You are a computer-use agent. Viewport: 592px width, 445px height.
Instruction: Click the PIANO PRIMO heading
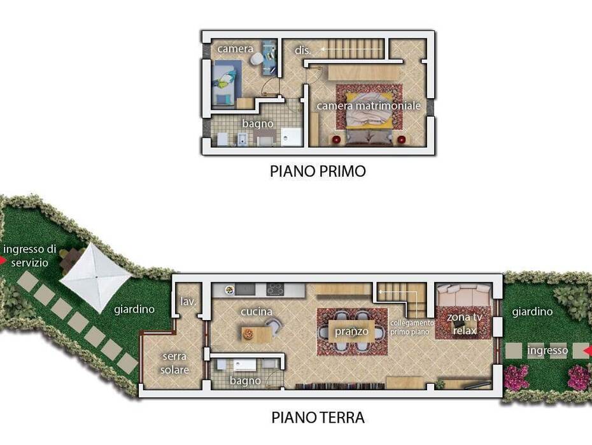tap(318, 171)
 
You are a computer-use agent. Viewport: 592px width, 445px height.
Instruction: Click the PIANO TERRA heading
tap(318, 418)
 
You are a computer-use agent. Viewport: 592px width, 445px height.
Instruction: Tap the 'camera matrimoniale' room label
tap(369, 105)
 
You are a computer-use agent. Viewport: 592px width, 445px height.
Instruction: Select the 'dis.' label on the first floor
tap(302, 50)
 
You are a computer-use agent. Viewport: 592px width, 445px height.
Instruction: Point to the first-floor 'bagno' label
tap(258, 124)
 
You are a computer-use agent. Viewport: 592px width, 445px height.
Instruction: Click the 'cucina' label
tap(257, 312)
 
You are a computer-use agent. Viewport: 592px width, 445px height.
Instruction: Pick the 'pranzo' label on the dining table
tap(351, 332)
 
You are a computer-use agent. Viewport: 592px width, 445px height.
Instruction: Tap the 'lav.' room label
tap(188, 302)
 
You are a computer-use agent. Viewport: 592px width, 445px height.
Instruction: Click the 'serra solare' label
tap(174, 363)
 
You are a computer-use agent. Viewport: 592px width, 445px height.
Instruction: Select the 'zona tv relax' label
tap(465, 324)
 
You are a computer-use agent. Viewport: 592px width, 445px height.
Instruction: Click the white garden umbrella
tap(96, 278)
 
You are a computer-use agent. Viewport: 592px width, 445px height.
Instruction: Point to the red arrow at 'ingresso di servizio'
tap(3, 261)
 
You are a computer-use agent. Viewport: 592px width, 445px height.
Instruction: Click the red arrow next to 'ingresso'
tap(588, 352)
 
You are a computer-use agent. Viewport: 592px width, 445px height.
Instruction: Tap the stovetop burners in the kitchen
tap(276, 289)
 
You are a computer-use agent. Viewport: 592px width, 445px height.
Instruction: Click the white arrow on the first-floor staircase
tap(351, 49)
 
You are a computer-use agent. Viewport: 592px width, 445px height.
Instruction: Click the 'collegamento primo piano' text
tap(412, 328)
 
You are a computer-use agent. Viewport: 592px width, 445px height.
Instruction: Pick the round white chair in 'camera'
tap(258, 59)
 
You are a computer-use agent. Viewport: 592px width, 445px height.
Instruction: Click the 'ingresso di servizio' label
tap(29, 256)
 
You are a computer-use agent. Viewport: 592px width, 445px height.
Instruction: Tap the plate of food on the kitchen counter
tap(229, 290)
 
